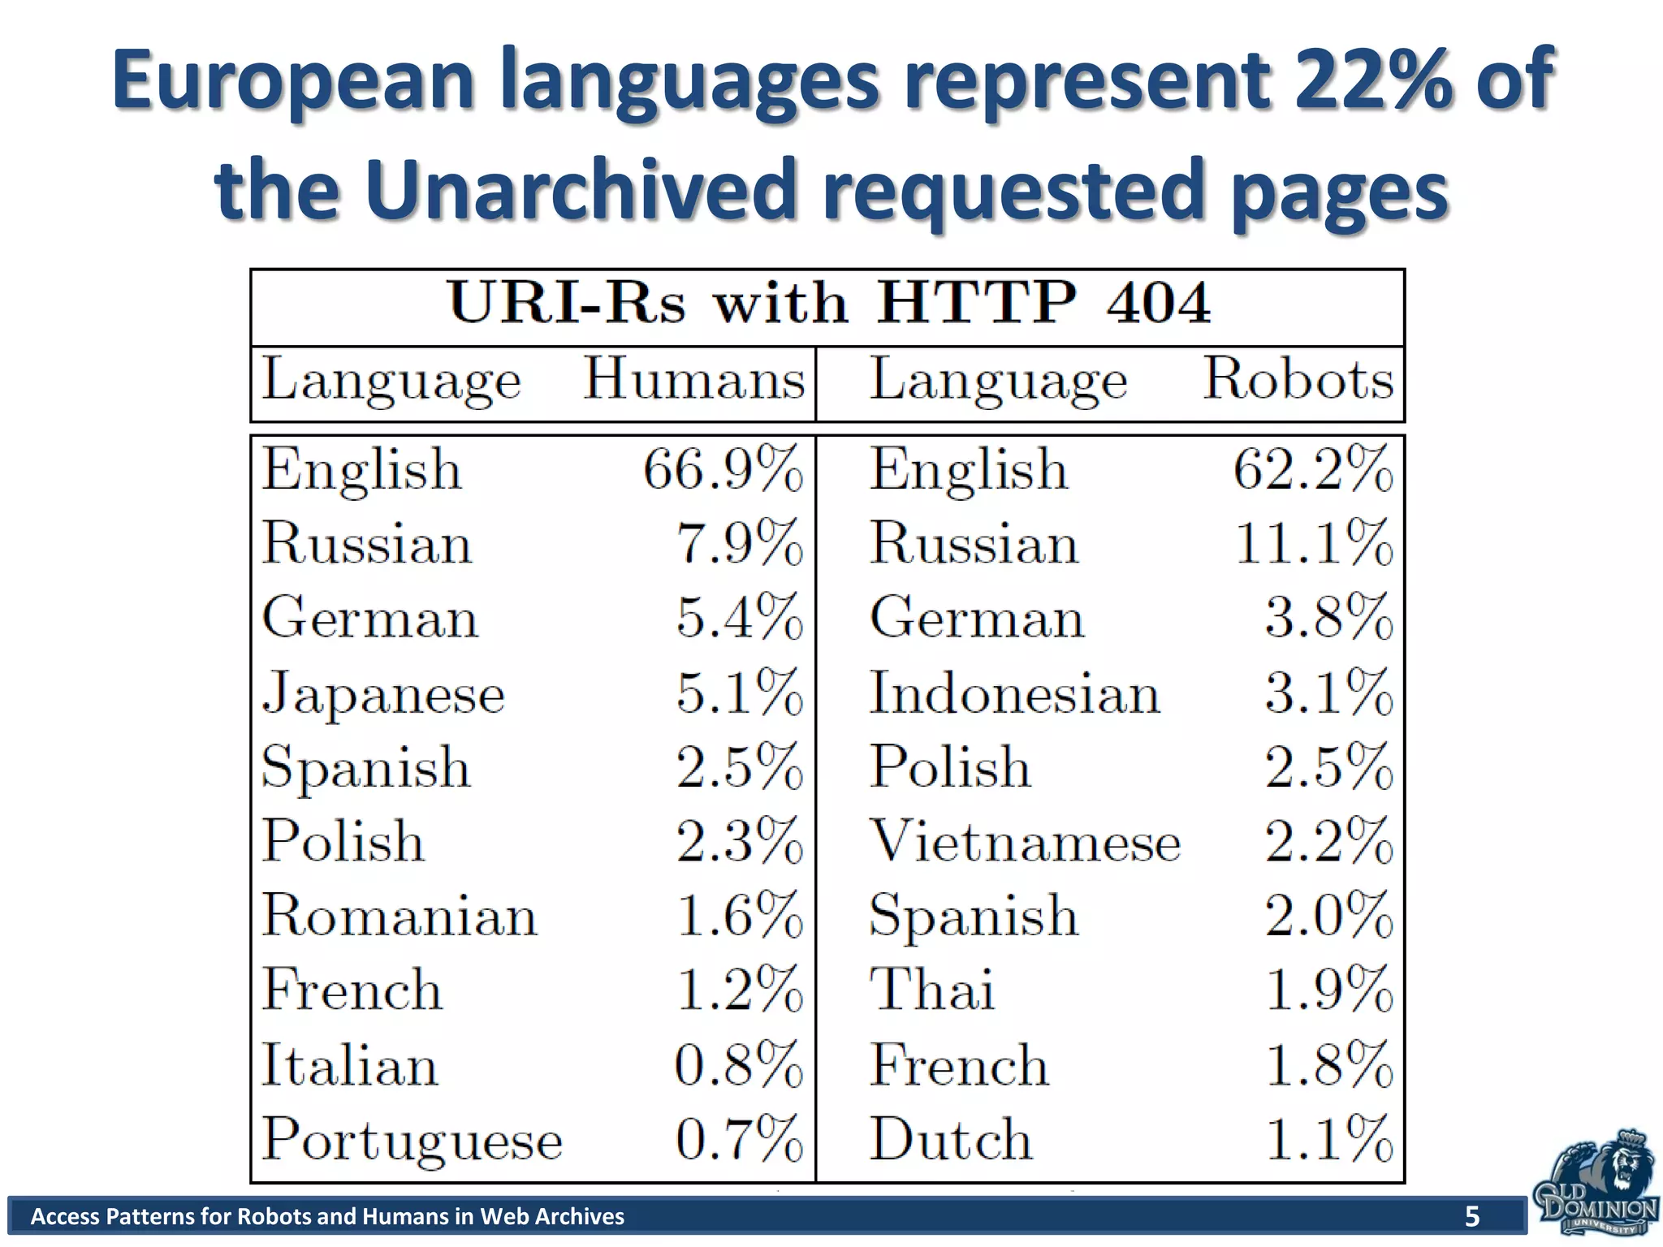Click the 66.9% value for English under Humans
click(723, 469)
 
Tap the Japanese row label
click(383, 695)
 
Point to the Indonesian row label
click(1014, 694)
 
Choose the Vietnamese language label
click(1025, 842)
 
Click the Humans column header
click(694, 379)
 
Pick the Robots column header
click(1298, 379)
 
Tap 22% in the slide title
click(1372, 81)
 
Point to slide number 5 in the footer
click(1471, 1216)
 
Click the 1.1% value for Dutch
click(1328, 1138)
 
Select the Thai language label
click(932, 990)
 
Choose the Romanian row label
click(400, 916)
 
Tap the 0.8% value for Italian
click(738, 1064)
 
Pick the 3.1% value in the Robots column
click(1328, 693)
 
